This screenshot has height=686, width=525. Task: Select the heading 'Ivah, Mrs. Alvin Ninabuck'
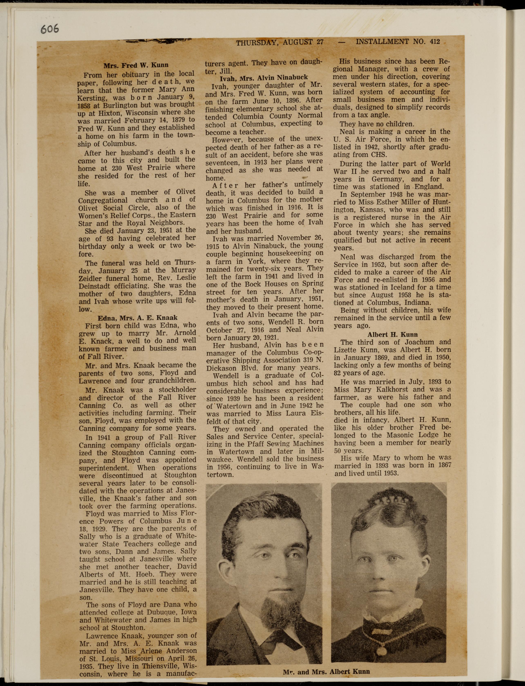point(264,77)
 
